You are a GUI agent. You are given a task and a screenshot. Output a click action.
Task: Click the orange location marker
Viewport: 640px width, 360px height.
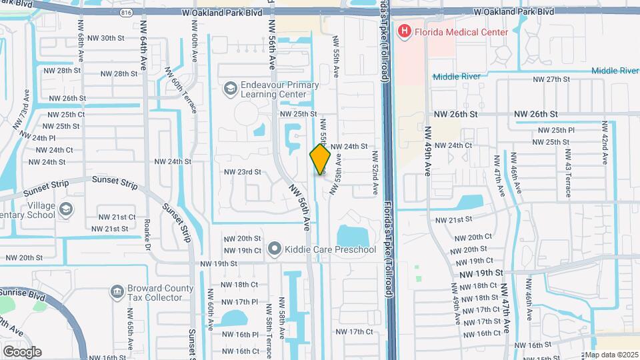pos(320,159)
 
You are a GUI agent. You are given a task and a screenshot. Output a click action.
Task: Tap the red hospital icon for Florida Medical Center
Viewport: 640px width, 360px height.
pos(404,31)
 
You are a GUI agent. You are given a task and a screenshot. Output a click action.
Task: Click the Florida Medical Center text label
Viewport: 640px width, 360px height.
pos(461,32)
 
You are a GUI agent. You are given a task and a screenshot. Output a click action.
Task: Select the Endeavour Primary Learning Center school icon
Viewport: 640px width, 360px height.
pos(231,88)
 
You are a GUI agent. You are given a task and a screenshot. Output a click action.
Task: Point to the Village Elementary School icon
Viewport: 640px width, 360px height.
pos(66,210)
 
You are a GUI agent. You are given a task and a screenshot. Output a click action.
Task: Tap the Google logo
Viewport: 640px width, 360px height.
pos(22,351)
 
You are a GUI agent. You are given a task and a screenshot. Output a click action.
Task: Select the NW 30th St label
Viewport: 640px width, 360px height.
pos(99,38)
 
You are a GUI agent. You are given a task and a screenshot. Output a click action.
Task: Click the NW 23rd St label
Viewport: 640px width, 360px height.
pos(242,171)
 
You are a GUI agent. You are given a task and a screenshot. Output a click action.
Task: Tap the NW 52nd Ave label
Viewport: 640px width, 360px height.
pos(376,174)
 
